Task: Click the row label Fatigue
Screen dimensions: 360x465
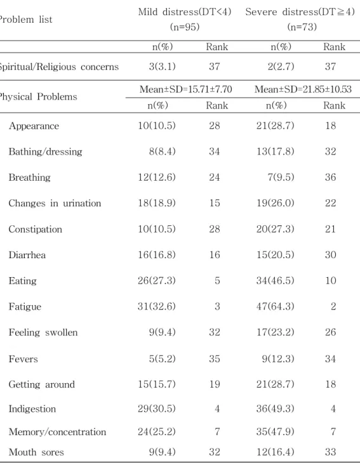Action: pyautogui.click(x=25, y=306)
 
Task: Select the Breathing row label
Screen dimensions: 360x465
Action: pyautogui.click(x=29, y=178)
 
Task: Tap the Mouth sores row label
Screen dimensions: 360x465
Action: pyautogui.click(x=36, y=452)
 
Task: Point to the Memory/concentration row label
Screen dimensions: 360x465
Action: pyautogui.click(x=57, y=432)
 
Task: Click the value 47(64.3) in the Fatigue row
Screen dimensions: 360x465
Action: pyautogui.click(x=275, y=306)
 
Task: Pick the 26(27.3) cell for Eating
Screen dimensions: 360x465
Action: pyautogui.click(x=156, y=280)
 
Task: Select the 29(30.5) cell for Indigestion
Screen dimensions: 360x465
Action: pyautogui.click(x=156, y=409)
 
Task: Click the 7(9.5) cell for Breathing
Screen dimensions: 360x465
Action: pyautogui.click(x=281, y=178)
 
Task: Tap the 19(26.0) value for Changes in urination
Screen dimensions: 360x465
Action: pyautogui.click(x=275, y=203)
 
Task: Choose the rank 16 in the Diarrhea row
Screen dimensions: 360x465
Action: pyautogui.click(x=214, y=255)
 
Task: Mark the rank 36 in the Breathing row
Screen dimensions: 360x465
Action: pyautogui.click(x=330, y=178)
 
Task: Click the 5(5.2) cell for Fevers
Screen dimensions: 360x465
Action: pyautogui.click(x=162, y=359)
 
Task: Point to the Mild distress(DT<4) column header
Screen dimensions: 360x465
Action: pyautogui.click(x=185, y=12)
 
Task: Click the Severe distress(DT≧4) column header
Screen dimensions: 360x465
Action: pyautogui.click(x=300, y=12)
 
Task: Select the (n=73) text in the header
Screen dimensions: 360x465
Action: pyautogui.click(x=302, y=27)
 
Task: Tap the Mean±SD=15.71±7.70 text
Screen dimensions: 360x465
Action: pyautogui.click(x=186, y=89)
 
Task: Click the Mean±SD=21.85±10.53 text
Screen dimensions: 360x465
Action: pyautogui.click(x=303, y=89)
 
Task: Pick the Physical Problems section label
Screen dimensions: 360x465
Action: pyautogui.click(x=38, y=96)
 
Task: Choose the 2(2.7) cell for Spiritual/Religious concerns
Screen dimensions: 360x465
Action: pyautogui.click(x=281, y=67)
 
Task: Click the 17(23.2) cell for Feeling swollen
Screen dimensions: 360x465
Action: pyautogui.click(x=275, y=332)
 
